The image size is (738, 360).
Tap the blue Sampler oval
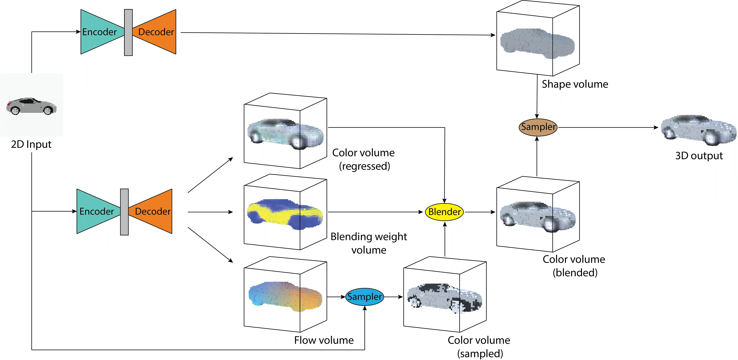point(364,297)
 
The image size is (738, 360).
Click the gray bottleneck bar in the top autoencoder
point(128,32)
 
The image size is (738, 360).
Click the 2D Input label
point(31,144)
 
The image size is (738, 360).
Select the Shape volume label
point(575,84)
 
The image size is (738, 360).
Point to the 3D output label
point(699,156)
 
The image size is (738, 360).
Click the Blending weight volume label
point(369,243)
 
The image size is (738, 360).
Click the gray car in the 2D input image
point(32,106)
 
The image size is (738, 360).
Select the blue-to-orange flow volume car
point(285,296)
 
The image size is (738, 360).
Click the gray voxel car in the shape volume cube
point(537,43)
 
